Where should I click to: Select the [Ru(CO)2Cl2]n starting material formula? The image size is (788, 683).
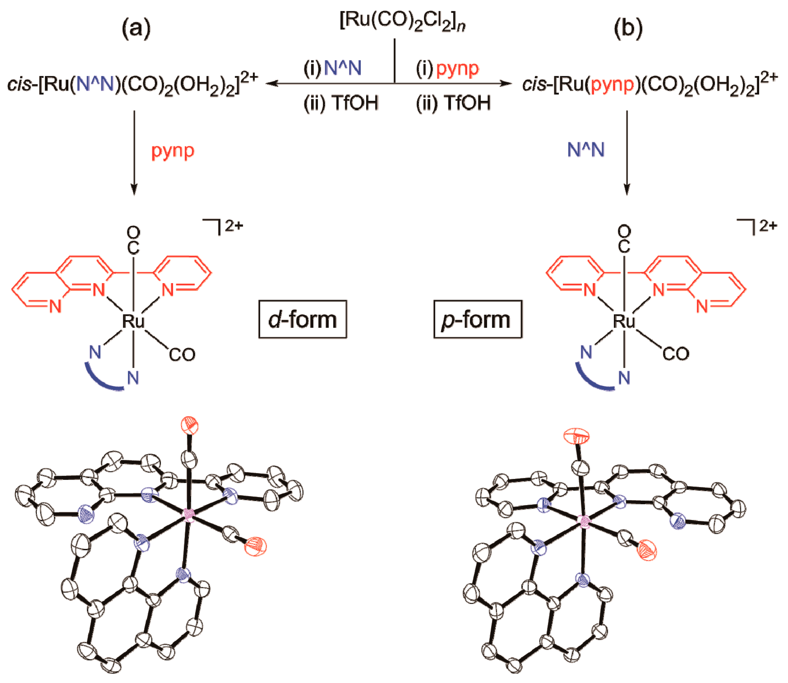pyautogui.click(x=402, y=21)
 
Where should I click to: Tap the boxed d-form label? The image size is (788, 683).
pyautogui.click(x=303, y=320)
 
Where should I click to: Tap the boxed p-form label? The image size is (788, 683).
pyautogui.click(x=477, y=320)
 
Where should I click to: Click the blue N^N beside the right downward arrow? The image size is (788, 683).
pyautogui.click(x=586, y=150)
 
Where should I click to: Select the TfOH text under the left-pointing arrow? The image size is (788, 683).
pyautogui.click(x=355, y=103)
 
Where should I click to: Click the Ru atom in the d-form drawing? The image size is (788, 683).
pyautogui.click(x=133, y=321)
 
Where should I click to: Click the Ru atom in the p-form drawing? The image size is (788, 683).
pyautogui.click(x=624, y=321)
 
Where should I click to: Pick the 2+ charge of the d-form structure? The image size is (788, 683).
pyautogui.click(x=233, y=226)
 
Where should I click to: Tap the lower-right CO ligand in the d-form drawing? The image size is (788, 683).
pyautogui.click(x=182, y=355)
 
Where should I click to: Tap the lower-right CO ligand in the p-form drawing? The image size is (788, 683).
pyautogui.click(x=675, y=354)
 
